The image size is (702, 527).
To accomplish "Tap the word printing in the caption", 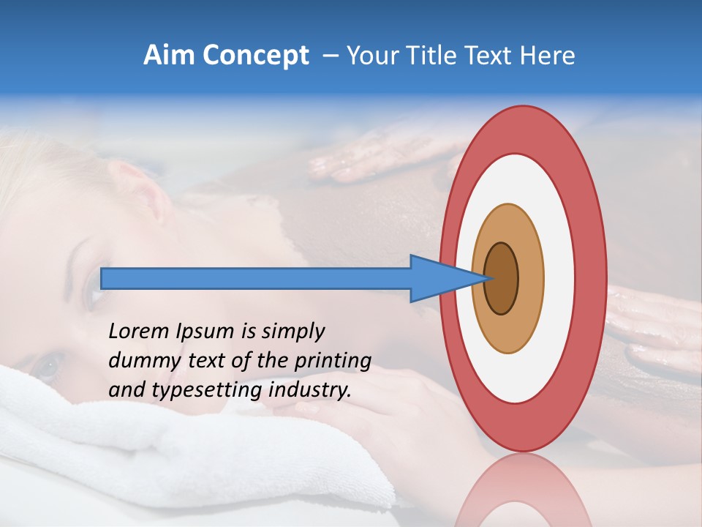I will click(332, 361).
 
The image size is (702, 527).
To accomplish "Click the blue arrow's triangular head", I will click(431, 278).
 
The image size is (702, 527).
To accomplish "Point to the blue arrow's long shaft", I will click(256, 278).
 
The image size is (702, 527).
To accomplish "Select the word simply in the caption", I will click(292, 332).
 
